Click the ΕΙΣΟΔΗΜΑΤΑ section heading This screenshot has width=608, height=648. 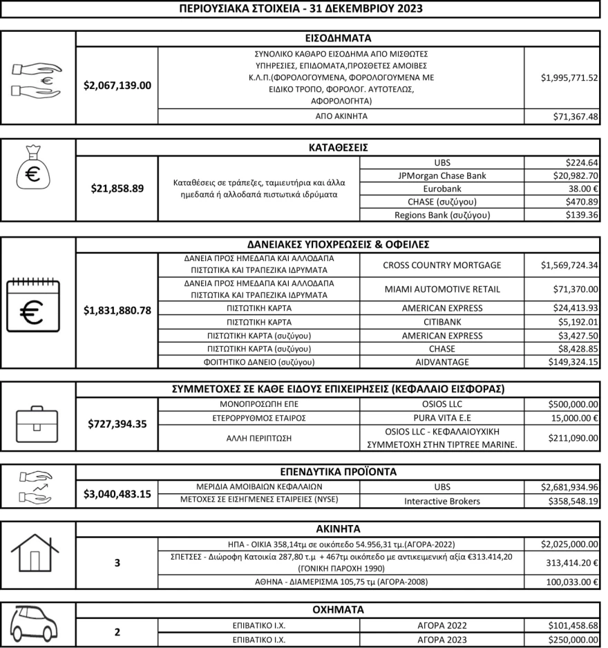[x=338, y=38]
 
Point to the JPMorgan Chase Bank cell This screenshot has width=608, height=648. [x=442, y=175]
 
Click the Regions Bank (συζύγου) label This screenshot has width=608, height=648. [x=442, y=215]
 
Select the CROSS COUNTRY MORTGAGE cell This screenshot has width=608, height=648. [x=442, y=265]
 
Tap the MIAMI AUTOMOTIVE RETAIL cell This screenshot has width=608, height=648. [x=442, y=289]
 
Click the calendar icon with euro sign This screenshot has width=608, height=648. [x=34, y=306]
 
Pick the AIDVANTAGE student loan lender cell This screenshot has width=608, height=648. [x=442, y=362]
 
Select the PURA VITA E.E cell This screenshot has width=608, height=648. [x=442, y=418]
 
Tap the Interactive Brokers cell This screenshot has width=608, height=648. [x=442, y=501]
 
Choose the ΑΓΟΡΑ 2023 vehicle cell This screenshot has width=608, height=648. [x=442, y=639]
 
